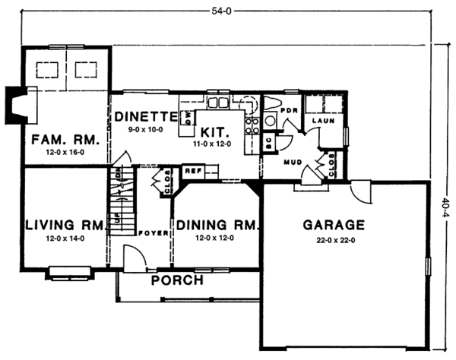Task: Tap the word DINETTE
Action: [147, 117]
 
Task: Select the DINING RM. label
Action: [218, 226]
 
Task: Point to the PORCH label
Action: [177, 280]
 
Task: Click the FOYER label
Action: [154, 233]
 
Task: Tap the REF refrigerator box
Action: [192, 171]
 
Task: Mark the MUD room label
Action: [294, 162]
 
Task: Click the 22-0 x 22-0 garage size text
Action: [334, 240]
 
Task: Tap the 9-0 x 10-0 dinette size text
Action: [145, 130]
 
